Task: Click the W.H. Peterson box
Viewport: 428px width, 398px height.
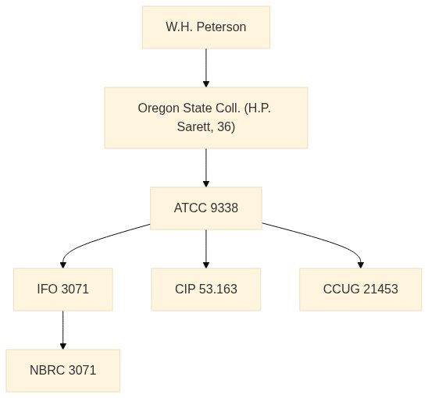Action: coord(206,27)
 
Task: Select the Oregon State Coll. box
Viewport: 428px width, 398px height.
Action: coord(206,118)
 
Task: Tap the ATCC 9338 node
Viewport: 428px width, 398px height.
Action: coord(206,208)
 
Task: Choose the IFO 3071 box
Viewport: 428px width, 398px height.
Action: coord(63,290)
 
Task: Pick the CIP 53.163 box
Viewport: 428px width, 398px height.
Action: coord(206,290)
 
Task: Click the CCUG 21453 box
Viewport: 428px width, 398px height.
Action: coord(361,290)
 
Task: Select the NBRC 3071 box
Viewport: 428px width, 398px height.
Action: coord(63,371)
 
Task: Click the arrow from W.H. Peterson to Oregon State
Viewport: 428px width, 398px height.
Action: coord(206,68)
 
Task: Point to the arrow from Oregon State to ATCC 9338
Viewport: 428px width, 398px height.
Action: coord(206,168)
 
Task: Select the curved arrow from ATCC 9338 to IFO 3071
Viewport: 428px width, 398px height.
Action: coord(90,241)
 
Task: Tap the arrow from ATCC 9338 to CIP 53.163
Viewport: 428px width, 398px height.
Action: coord(206,249)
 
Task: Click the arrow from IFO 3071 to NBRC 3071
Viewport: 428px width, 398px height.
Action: coord(63,330)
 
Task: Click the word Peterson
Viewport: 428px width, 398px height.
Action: coord(221,27)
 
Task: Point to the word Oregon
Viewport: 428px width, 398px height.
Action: coord(159,108)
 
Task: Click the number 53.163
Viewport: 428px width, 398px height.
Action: coord(218,290)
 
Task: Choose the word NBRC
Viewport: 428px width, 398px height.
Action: coord(48,370)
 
